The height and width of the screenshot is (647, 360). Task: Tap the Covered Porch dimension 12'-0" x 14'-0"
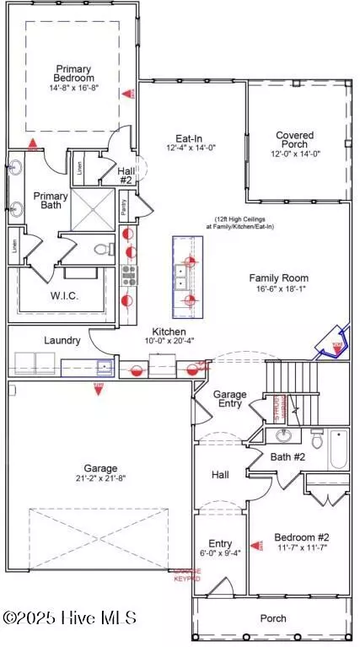(294, 154)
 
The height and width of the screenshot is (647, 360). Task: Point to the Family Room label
(278, 278)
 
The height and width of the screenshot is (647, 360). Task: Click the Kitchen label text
(169, 332)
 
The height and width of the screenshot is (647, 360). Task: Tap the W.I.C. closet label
(64, 296)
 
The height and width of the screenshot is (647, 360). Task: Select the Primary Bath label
(51, 201)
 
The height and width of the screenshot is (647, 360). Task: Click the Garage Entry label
(228, 398)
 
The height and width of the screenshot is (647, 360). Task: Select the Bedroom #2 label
(301, 536)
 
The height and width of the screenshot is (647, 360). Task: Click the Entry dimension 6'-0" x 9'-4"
(219, 553)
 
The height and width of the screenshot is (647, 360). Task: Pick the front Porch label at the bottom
(272, 618)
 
